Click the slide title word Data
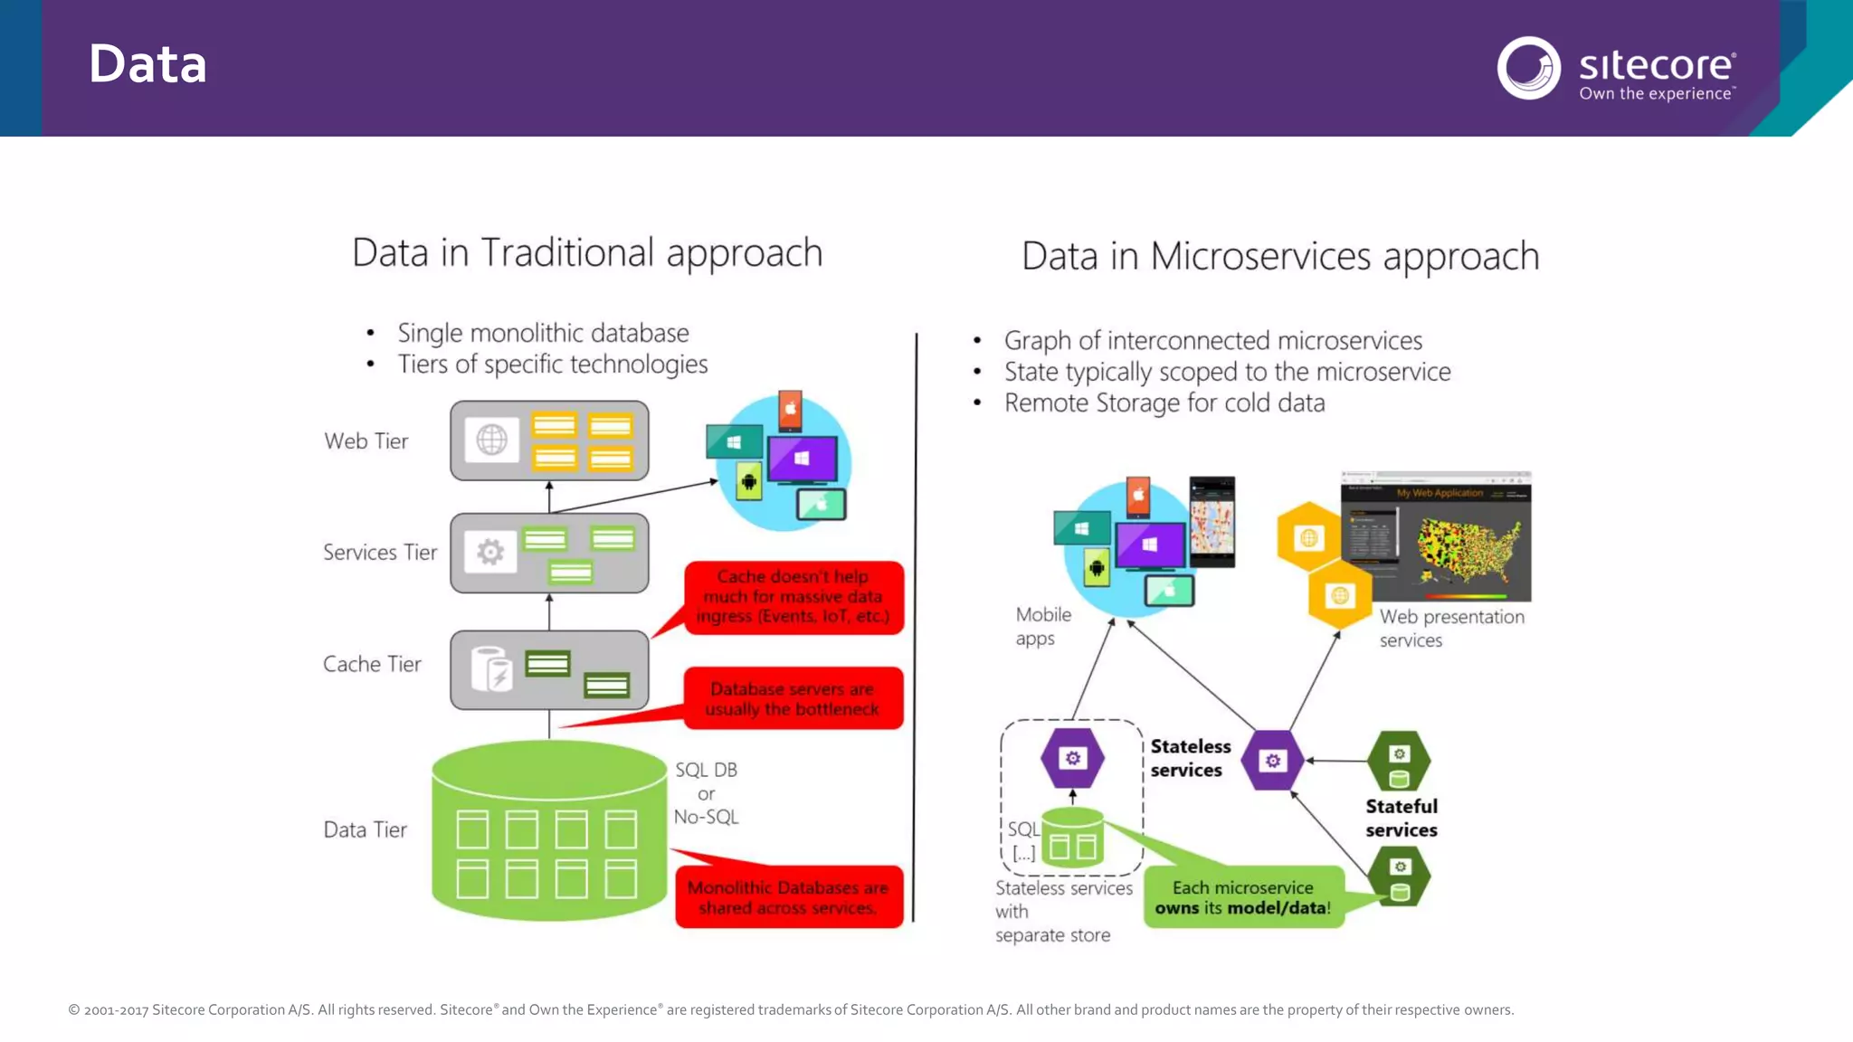(147, 65)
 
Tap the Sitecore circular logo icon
(1528, 68)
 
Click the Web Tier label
(366, 441)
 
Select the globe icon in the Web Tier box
(492, 440)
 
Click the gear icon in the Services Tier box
(490, 552)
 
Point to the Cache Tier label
(372, 664)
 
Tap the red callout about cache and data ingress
(793, 597)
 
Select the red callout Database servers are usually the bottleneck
(793, 698)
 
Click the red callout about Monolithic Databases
(788, 897)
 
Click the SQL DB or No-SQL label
(707, 793)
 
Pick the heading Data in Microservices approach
(1280, 256)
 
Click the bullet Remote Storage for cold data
(1164, 403)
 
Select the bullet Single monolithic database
(543, 333)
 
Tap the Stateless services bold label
(1190, 758)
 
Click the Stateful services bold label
(1401, 818)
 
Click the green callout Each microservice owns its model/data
(1243, 897)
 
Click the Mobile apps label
(1042, 626)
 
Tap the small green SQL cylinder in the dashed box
(1073, 838)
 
